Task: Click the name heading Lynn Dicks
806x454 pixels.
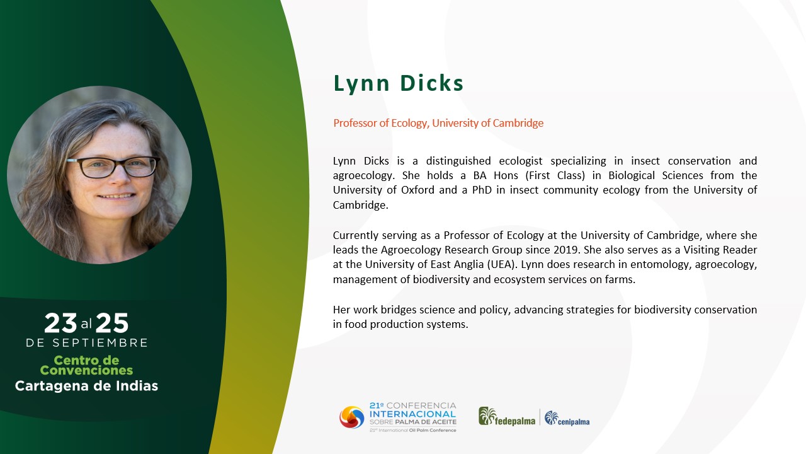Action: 399,84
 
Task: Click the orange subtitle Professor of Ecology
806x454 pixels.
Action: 380,123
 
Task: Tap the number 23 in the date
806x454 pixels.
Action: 60,323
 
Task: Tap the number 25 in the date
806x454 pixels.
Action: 112,323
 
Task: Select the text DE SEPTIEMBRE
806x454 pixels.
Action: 87,342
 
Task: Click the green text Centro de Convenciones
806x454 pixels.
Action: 86,365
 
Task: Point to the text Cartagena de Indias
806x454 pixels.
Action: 86,386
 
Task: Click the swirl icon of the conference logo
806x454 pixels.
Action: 352,417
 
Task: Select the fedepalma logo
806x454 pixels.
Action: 507,417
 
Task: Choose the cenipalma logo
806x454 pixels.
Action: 567,418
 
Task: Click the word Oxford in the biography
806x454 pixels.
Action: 417,190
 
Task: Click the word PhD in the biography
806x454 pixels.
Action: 482,190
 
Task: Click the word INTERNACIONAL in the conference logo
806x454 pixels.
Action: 412,414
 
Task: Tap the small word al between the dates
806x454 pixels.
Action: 86,324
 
